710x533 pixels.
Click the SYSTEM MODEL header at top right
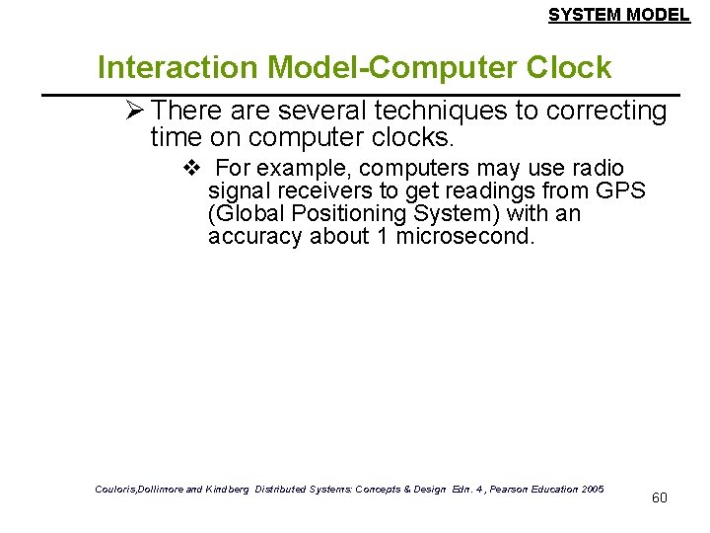tap(618, 15)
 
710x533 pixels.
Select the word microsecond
tap(464, 237)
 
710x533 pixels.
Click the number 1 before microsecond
tap(382, 237)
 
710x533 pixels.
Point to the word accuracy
tap(255, 237)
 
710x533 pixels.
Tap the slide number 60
tap(659, 497)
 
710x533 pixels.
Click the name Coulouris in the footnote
tap(118, 490)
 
